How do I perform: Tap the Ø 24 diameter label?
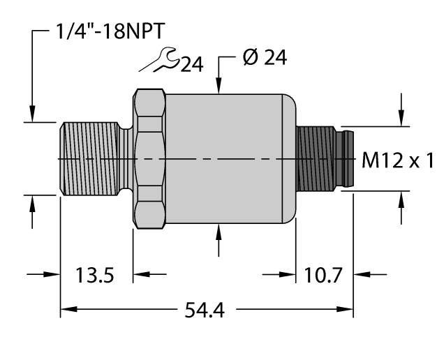click(x=264, y=59)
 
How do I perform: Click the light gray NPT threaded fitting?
click(x=92, y=160)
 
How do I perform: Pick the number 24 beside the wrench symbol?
click(x=191, y=64)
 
